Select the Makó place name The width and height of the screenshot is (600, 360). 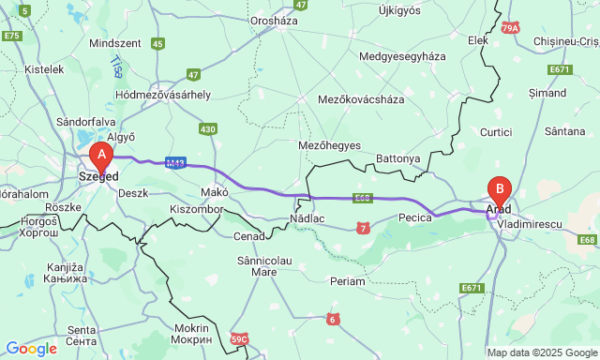215,191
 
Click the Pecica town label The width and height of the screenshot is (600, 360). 413,217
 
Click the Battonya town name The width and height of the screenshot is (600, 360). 398,158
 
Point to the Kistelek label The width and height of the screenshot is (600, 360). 44,69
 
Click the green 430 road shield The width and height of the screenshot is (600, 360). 208,129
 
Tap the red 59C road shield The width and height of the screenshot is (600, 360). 239,338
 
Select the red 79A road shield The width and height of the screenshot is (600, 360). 509,28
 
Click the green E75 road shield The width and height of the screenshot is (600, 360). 11,36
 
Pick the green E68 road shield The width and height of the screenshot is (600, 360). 588,241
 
